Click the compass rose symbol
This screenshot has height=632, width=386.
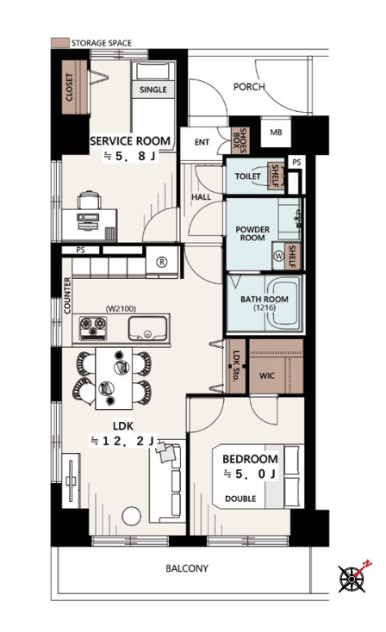(352, 579)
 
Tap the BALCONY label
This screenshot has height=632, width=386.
(187, 568)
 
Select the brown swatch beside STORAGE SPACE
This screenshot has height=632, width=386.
(59, 42)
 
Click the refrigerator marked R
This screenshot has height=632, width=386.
(161, 263)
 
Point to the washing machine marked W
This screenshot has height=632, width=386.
(278, 256)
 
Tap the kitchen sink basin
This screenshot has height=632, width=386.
(147, 329)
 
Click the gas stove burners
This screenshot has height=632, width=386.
(93, 327)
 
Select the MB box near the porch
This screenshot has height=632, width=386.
(276, 133)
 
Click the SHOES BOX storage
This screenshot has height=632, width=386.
(240, 140)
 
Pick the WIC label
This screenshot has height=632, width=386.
(267, 375)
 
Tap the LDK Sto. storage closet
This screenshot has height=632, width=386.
(236, 367)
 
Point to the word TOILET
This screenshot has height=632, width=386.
(247, 177)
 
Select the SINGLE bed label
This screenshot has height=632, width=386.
(153, 90)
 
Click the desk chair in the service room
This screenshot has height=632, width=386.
(89, 201)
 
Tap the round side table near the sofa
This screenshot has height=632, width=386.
(132, 517)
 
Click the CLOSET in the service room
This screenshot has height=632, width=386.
(75, 87)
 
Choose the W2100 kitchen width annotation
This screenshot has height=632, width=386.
(121, 309)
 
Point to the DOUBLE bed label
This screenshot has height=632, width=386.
(240, 499)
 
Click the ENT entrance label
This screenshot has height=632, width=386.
(202, 142)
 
